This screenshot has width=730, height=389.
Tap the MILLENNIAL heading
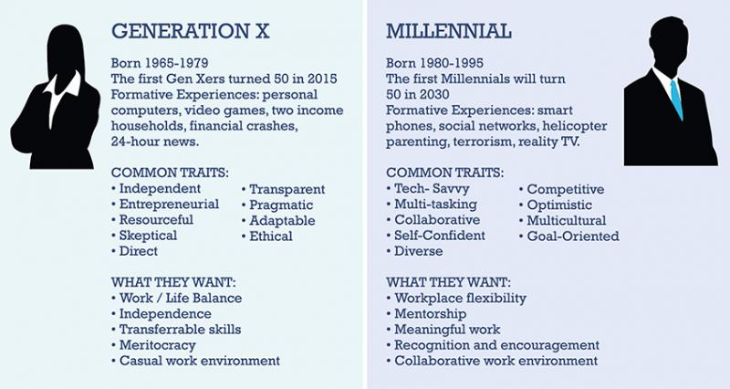coord(448,33)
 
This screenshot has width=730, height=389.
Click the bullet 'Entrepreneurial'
coord(169,205)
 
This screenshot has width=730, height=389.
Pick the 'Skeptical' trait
coord(148,236)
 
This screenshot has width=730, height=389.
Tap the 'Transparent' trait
coord(287,189)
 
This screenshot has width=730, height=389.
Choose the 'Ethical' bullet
coord(271,236)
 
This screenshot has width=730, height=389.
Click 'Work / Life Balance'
coord(181,298)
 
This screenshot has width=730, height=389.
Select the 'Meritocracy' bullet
coord(158,344)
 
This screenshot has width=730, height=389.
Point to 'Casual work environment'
coord(199,360)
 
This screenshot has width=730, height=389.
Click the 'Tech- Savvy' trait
coord(433,189)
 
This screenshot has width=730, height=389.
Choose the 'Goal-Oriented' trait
coord(572,236)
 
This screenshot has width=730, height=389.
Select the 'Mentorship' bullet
coord(433,313)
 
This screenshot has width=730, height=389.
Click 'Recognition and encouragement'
coord(496,344)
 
